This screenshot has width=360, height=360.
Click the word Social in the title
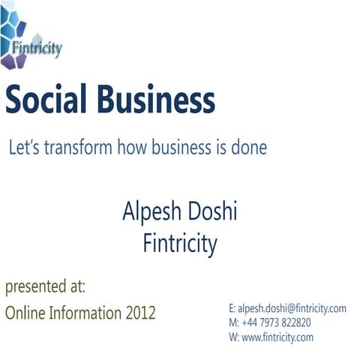(46, 100)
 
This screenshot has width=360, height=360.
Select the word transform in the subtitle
(79, 148)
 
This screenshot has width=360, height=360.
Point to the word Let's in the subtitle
(22, 148)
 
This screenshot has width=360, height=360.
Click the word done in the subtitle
(248, 148)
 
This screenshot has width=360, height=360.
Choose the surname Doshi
(213, 212)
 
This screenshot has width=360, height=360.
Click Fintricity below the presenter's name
(180, 243)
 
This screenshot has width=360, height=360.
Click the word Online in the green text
(26, 313)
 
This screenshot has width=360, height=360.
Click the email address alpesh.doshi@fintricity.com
(292, 308)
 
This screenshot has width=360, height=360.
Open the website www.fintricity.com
(277, 337)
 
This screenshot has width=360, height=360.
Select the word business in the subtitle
(179, 148)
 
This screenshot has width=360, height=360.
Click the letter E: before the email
(232, 308)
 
